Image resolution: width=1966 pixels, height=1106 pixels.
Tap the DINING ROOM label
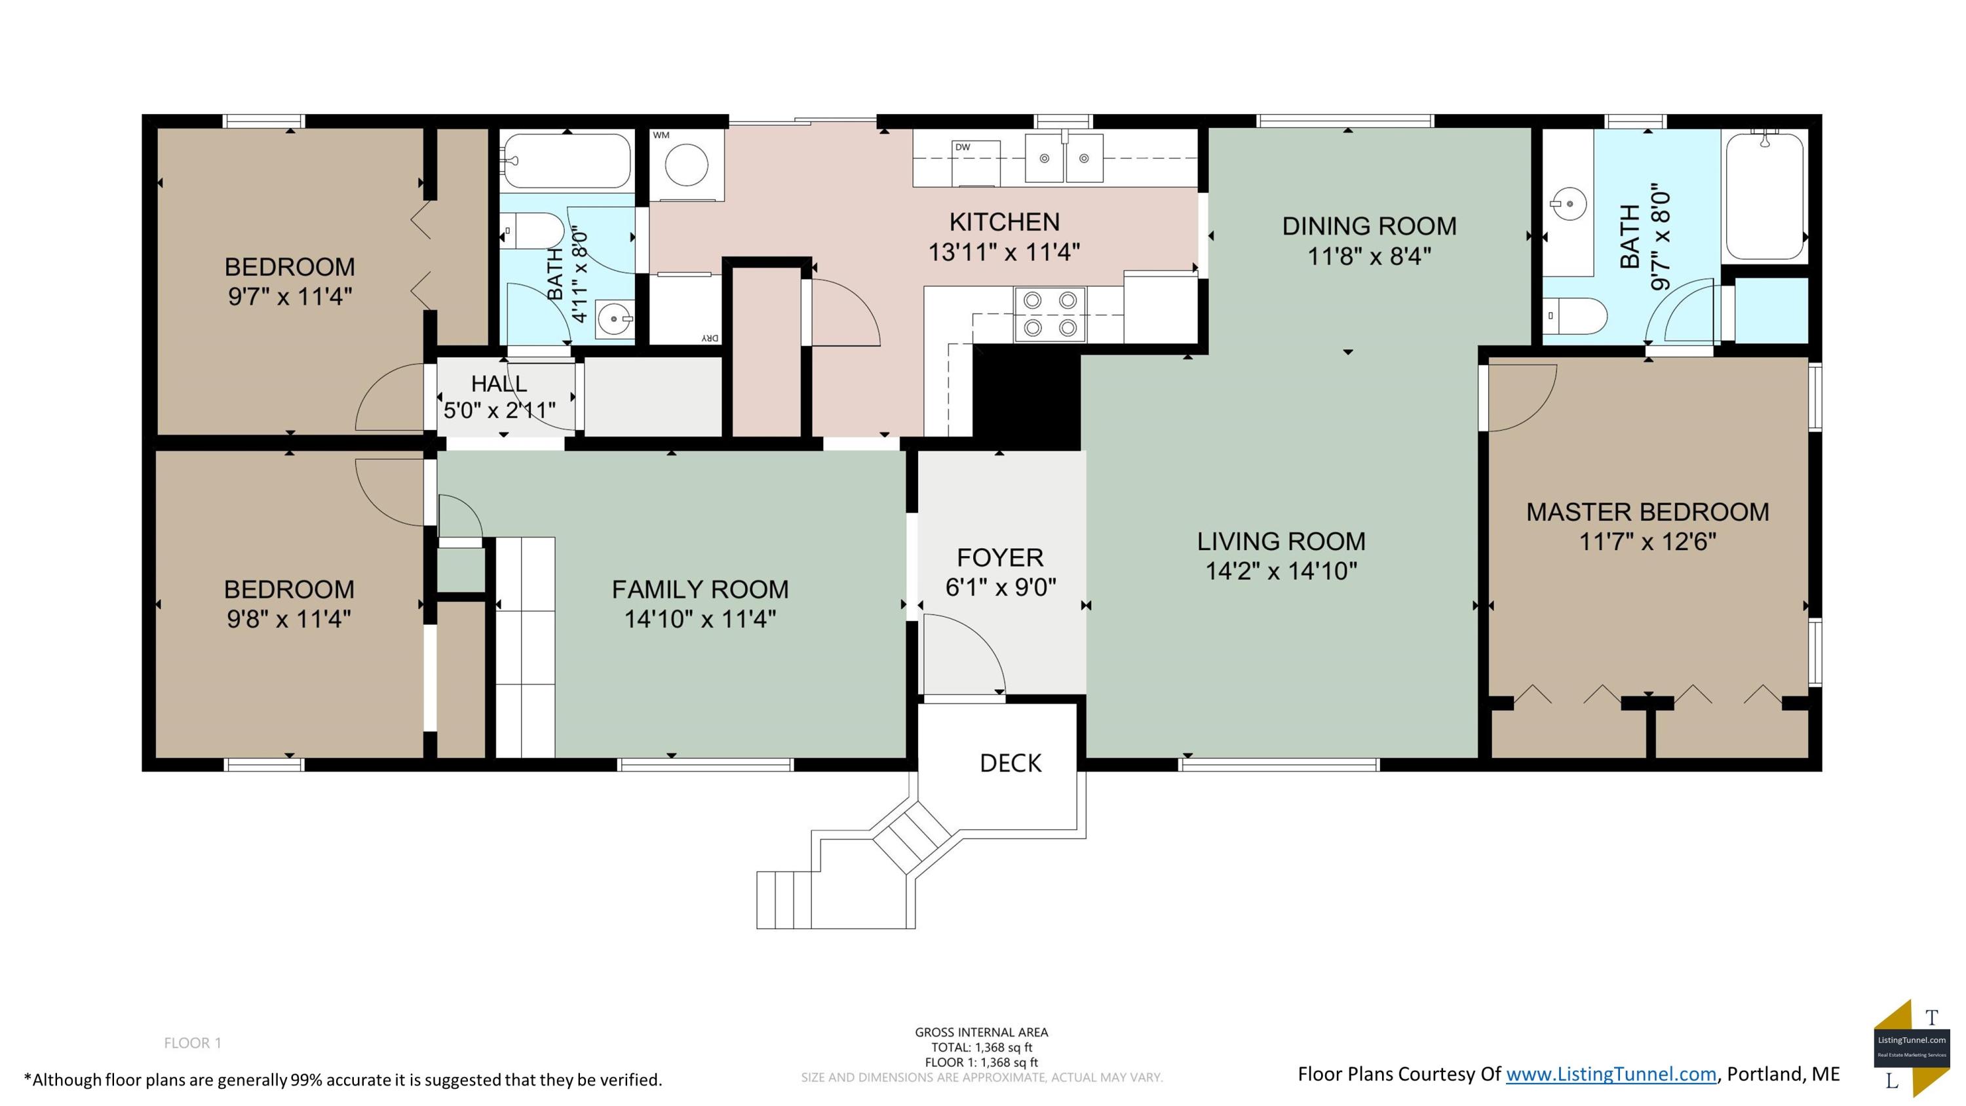coord(1369,226)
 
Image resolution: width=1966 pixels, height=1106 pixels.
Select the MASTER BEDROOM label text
coord(1647,512)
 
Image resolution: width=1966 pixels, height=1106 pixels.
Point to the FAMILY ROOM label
coord(700,589)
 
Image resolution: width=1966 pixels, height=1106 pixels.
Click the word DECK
coord(1011,763)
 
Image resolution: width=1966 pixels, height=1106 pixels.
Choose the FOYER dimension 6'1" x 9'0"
coord(1001,587)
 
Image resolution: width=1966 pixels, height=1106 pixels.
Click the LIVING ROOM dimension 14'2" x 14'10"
coord(1281,571)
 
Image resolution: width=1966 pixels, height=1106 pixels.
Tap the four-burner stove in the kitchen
coord(1049,314)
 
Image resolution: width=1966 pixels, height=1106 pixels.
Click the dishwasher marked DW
coord(975,163)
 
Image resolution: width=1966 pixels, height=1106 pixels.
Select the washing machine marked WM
coord(686,164)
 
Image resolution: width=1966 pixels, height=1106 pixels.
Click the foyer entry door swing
coord(964,655)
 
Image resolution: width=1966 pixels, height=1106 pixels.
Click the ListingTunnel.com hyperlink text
coord(1611,1074)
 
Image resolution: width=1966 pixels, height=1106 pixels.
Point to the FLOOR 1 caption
coord(192,1042)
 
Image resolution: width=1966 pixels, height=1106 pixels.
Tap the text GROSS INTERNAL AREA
coord(982,1032)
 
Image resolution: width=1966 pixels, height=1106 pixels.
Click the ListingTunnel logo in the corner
coord(1912,1047)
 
